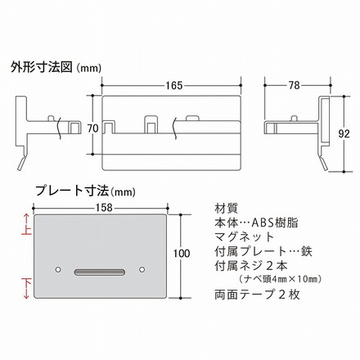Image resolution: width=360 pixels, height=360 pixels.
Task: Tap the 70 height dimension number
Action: (x=92, y=128)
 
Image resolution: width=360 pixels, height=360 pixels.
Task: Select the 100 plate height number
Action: (x=183, y=254)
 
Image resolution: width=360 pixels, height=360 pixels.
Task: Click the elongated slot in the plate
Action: (x=99, y=269)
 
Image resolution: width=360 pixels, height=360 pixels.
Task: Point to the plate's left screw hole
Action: (x=57, y=269)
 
